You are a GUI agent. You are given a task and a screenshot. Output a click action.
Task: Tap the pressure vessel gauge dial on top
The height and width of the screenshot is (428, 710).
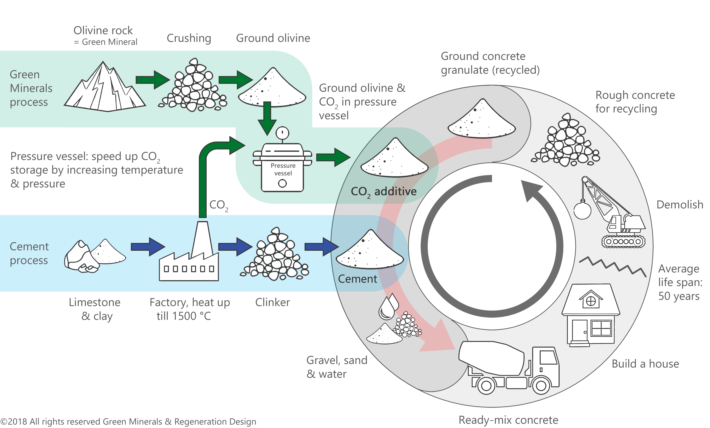[282, 133]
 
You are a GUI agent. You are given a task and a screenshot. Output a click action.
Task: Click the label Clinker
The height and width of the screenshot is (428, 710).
[272, 302]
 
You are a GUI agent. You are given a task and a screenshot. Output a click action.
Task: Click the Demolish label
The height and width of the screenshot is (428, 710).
[679, 205]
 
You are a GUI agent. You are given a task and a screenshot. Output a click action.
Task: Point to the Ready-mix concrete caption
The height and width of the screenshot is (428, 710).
[508, 420]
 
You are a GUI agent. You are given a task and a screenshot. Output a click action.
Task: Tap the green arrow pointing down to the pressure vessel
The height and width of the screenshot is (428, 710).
[267, 118]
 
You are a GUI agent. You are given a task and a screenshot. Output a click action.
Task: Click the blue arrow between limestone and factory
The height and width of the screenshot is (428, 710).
[148, 247]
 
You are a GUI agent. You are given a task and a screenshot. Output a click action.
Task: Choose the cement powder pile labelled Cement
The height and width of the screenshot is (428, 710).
[370, 251]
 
